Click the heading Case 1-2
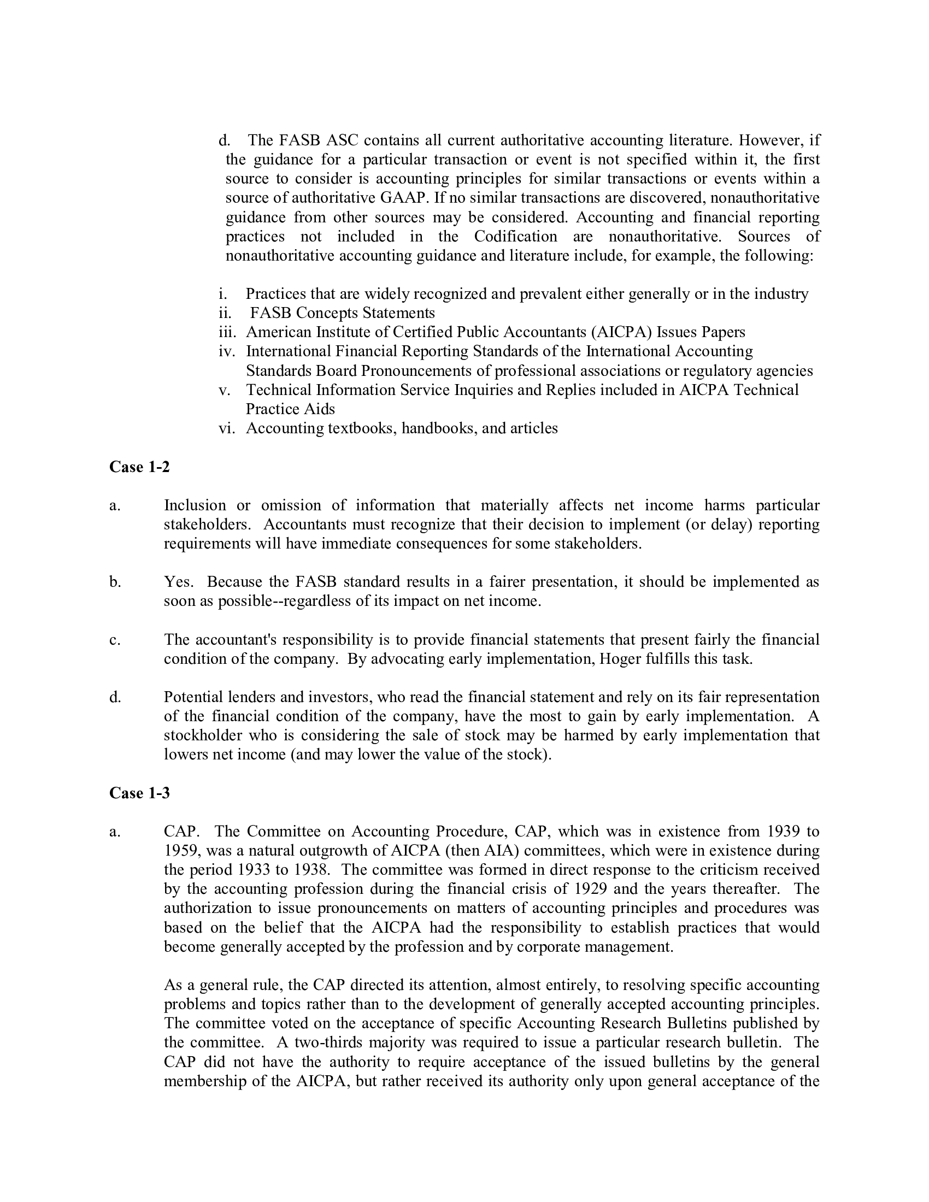pyautogui.click(x=139, y=467)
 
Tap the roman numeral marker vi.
pyautogui.click(x=226, y=428)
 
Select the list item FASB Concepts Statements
pyautogui.click(x=342, y=313)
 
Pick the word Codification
pyautogui.click(x=515, y=236)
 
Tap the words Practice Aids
pyautogui.click(x=290, y=409)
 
